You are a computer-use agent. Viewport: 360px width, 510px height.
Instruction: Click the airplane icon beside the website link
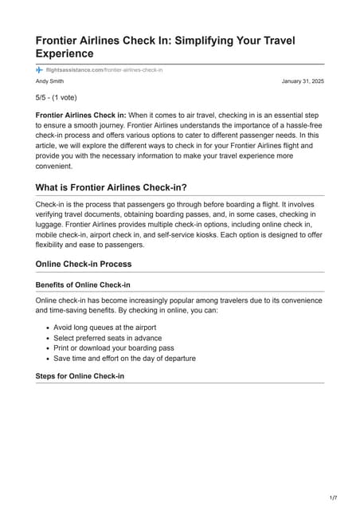click(x=39, y=71)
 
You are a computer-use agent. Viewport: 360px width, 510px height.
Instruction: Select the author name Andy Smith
click(x=52, y=82)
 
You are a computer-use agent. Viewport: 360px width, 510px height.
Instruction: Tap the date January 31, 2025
click(x=303, y=82)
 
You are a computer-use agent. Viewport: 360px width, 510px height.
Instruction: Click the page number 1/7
click(x=333, y=498)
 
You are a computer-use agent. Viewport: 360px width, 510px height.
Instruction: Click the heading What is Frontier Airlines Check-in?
click(x=112, y=187)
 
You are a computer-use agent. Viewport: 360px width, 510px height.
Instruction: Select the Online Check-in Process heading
click(x=84, y=264)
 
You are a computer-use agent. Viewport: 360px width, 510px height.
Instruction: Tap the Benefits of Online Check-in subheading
click(x=83, y=284)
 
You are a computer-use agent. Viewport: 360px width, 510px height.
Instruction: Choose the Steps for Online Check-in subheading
click(x=80, y=376)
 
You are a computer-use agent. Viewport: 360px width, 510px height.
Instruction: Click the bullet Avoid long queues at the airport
click(x=104, y=328)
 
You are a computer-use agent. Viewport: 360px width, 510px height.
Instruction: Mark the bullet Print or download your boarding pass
click(x=113, y=348)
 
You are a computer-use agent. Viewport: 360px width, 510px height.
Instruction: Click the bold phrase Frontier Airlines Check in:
click(x=80, y=116)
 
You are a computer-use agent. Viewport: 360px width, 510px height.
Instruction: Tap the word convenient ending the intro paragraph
click(x=58, y=167)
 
